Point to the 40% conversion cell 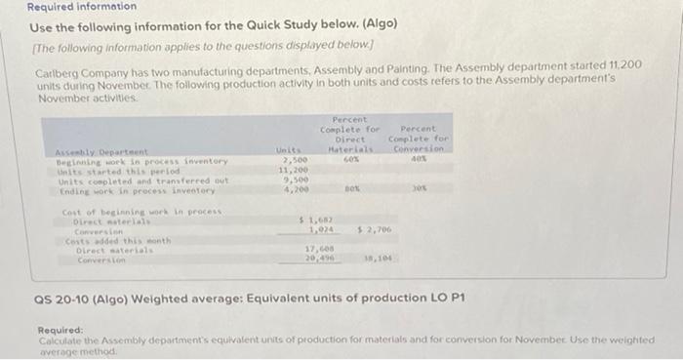point(421,159)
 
